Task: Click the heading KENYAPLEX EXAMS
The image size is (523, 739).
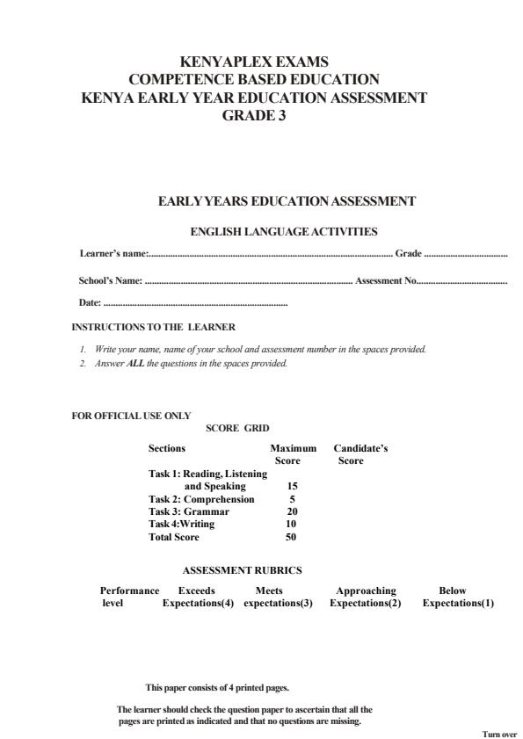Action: coord(253,62)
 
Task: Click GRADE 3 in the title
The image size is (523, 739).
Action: coord(254,115)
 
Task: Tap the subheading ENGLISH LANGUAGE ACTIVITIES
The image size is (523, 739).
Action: coord(284,232)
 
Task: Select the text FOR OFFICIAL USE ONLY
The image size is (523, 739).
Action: coord(131,417)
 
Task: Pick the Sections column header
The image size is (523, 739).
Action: coord(167,448)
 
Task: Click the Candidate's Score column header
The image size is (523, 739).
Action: coord(360,454)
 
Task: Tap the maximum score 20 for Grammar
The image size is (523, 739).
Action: coord(292,511)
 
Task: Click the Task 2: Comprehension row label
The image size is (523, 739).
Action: coord(201,499)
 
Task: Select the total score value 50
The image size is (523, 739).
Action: coord(291,537)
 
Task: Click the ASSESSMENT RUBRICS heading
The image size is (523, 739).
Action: coord(242,570)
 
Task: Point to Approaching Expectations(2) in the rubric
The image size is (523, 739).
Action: coord(365,598)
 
